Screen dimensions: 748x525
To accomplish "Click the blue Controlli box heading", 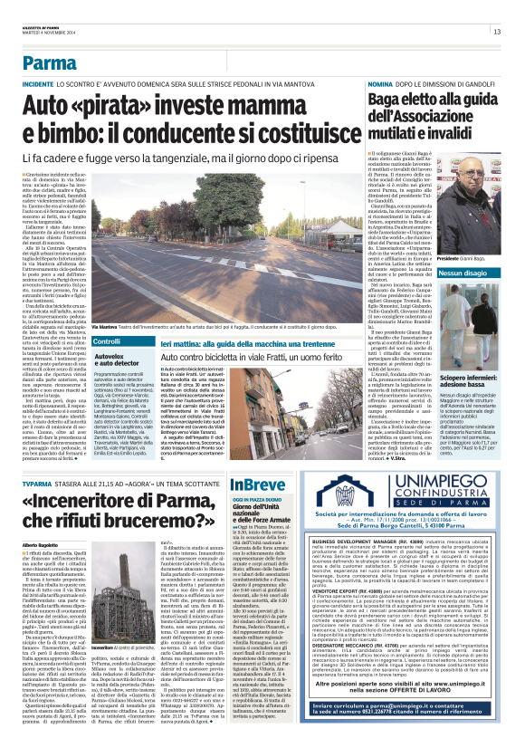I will tap(107, 317).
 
